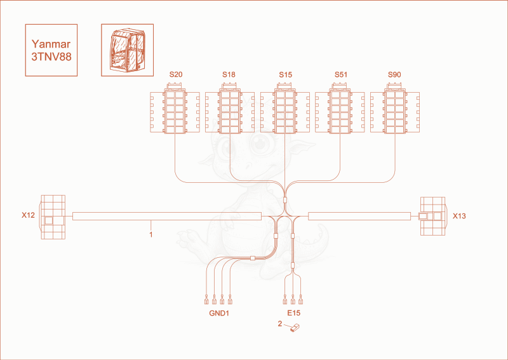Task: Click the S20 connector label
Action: pyautogui.click(x=176, y=74)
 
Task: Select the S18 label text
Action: pyautogui.click(x=229, y=74)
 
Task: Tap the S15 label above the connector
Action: pyautogui.click(x=285, y=75)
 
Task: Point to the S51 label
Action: pyautogui.click(x=341, y=75)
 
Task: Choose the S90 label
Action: pyautogui.click(x=394, y=75)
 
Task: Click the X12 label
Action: pyautogui.click(x=28, y=215)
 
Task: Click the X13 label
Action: pyautogui.click(x=459, y=216)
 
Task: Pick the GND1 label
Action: pyautogui.click(x=219, y=313)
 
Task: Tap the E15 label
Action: pyautogui.click(x=294, y=313)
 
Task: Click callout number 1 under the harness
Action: pyautogui.click(x=151, y=234)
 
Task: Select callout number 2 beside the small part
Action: pyautogui.click(x=280, y=323)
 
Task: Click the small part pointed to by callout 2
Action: pyautogui.click(x=294, y=328)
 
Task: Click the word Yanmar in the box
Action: pyautogui.click(x=51, y=44)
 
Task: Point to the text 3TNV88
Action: pyautogui.click(x=51, y=57)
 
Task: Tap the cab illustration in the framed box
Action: pyautogui.click(x=128, y=50)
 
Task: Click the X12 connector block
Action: pyautogui.click(x=53, y=217)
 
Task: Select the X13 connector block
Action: pyautogui.click(x=432, y=216)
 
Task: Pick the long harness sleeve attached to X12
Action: pyautogui.click(x=167, y=216)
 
